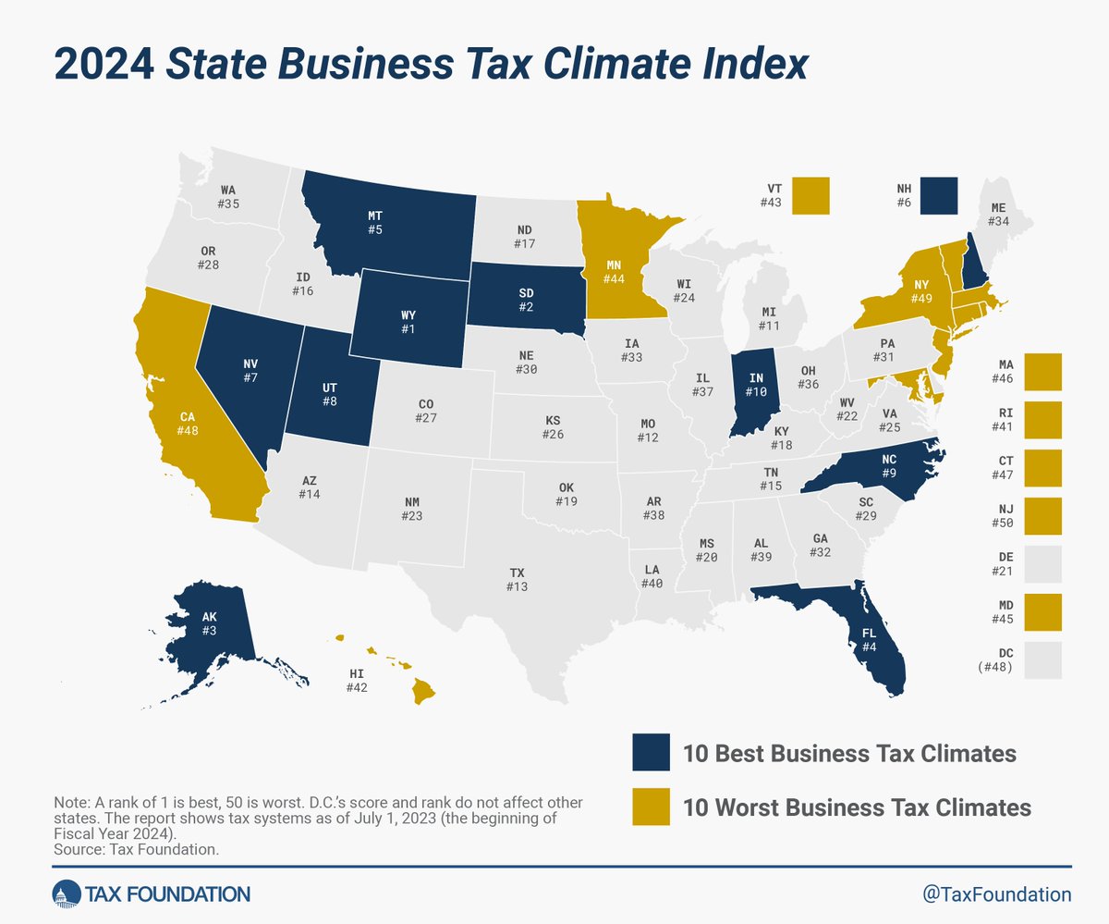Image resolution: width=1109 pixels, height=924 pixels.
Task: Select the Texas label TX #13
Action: click(518, 581)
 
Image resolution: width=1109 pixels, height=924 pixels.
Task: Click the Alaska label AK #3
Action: click(209, 622)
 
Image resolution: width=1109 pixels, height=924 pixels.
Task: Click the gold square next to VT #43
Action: click(810, 194)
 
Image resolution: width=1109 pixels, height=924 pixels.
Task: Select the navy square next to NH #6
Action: click(939, 194)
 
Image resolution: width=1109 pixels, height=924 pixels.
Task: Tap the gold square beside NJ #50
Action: click(1043, 515)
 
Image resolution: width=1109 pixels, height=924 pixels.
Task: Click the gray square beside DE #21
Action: click(1043, 563)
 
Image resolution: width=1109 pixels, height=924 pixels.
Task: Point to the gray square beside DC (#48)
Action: click(1043, 659)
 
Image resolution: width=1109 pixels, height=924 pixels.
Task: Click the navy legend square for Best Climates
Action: click(651, 753)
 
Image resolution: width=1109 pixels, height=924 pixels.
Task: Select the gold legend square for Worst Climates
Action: click(651, 807)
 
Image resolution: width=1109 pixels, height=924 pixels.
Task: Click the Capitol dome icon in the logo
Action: click(66, 893)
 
